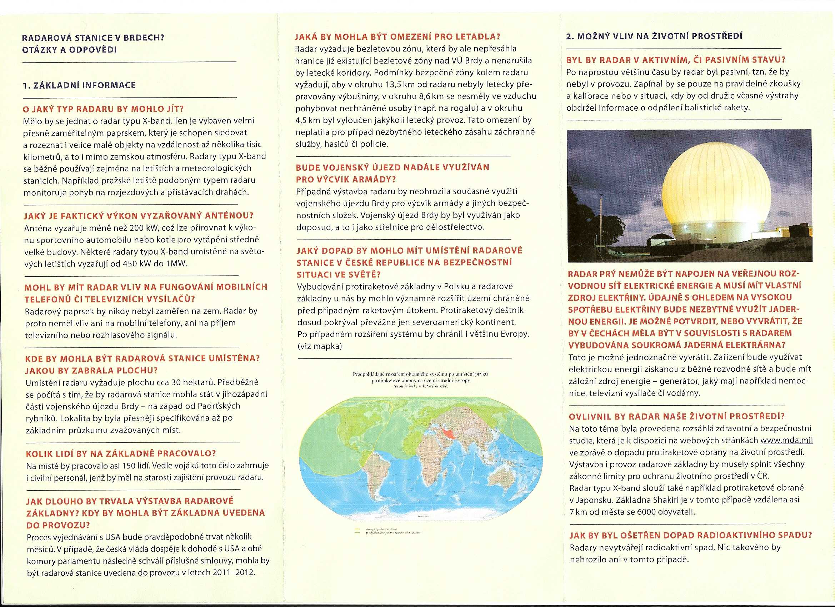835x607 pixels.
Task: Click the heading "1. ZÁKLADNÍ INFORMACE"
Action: click(x=79, y=85)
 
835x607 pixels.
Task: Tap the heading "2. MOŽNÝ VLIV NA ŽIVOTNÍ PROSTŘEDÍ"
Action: click(x=654, y=36)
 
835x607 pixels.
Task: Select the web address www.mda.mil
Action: click(x=786, y=440)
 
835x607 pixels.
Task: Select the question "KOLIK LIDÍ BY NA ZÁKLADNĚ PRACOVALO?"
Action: click(x=121, y=453)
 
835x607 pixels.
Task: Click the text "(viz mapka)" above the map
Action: click(x=319, y=346)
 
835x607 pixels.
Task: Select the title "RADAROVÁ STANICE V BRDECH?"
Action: click(x=93, y=38)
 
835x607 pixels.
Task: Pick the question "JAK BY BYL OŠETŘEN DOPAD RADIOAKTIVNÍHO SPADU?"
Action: click(x=690, y=535)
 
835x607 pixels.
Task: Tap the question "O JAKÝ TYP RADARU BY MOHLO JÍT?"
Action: click(x=103, y=109)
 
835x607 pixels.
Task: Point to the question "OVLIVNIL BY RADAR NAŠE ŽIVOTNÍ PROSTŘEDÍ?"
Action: click(x=676, y=416)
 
